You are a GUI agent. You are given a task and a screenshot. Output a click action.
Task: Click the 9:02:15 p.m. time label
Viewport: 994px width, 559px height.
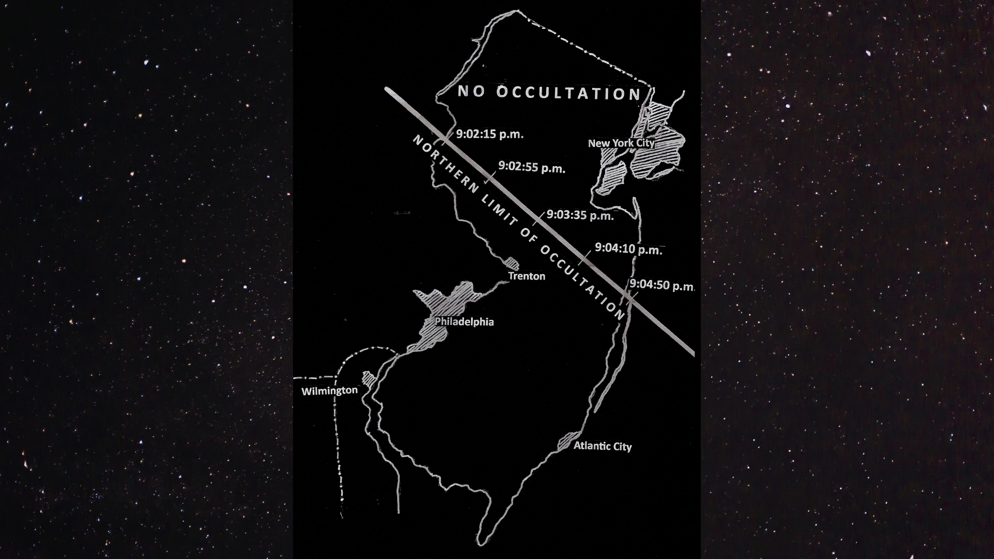click(489, 135)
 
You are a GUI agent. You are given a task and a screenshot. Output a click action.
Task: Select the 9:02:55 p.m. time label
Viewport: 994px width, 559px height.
click(532, 167)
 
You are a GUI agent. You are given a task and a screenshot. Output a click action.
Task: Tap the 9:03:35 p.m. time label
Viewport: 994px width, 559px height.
click(580, 215)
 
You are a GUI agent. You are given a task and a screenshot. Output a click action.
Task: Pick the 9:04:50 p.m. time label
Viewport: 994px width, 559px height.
click(662, 285)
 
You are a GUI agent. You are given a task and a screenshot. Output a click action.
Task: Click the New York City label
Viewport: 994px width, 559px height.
click(621, 143)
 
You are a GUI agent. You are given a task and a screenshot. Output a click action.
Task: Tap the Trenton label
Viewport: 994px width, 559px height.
click(527, 276)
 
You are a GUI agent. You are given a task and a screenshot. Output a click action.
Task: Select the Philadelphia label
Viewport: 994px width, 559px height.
click(464, 322)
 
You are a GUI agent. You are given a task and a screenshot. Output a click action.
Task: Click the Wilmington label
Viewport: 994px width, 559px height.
click(329, 391)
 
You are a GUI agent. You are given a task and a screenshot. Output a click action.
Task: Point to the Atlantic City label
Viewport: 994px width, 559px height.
click(602, 446)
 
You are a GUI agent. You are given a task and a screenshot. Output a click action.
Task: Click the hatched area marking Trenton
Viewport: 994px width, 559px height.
click(513, 263)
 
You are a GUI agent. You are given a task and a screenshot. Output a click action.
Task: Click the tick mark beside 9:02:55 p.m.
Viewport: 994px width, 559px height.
click(490, 179)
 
